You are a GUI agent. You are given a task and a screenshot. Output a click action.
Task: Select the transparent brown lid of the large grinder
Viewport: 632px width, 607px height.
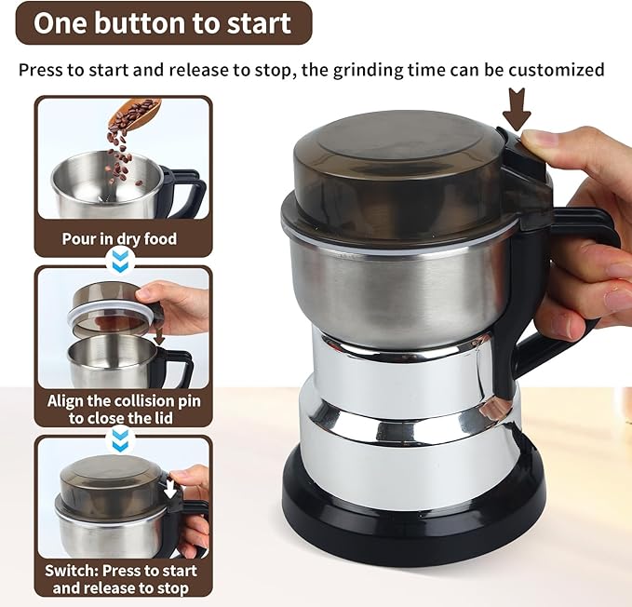400,172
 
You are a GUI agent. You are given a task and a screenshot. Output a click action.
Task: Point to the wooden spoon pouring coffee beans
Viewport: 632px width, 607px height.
136,115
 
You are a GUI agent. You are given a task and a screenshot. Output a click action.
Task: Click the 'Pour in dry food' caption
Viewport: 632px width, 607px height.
119,239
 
